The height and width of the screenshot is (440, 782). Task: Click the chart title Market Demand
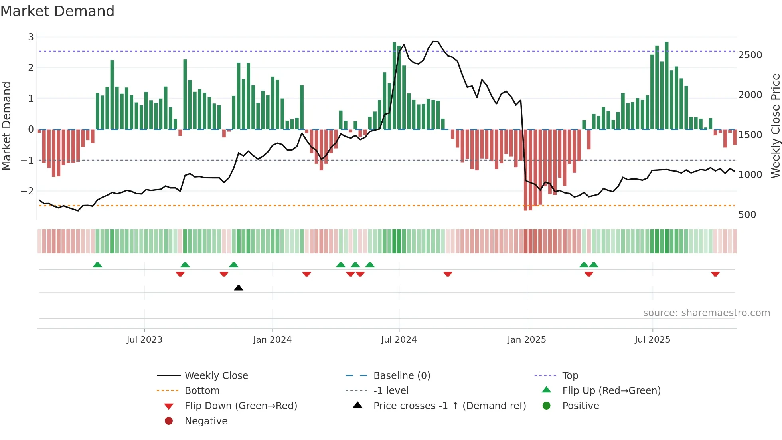[57, 11]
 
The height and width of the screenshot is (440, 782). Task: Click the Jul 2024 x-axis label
[399, 340]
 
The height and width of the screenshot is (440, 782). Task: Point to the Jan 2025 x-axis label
[526, 340]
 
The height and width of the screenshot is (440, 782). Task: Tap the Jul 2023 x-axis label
[144, 340]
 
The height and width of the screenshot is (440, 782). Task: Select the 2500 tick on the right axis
[750, 55]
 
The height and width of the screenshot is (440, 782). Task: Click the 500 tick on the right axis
[747, 215]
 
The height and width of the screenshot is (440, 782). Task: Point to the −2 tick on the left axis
[27, 191]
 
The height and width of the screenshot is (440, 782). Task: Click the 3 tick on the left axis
[31, 37]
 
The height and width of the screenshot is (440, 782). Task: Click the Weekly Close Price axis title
[775, 126]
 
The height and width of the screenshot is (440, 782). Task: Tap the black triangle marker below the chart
[239, 288]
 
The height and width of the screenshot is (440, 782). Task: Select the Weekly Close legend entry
[216, 376]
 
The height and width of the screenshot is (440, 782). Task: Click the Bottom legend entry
[202, 391]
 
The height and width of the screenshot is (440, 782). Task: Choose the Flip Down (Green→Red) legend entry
[241, 406]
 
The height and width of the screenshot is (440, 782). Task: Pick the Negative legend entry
[206, 421]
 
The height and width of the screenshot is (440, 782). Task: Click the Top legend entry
[570, 376]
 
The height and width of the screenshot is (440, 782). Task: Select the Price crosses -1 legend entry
[449, 406]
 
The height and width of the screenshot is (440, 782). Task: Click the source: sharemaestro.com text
[706, 313]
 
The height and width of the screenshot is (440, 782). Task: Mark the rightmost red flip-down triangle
[715, 274]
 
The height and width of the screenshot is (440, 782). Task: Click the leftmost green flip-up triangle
[97, 265]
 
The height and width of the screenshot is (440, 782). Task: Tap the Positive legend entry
[580, 406]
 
